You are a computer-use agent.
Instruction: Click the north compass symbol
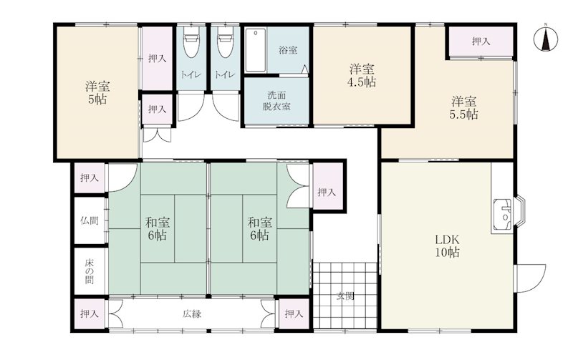[x=546, y=39]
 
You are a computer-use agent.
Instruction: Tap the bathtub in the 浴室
[x=255, y=50]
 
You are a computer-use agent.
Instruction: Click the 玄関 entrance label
[x=345, y=296]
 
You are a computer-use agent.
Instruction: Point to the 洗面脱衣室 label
[x=276, y=101]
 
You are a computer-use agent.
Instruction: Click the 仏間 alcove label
[x=90, y=220]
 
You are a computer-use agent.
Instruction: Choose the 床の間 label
[x=90, y=271]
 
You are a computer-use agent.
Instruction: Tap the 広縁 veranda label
[x=192, y=313]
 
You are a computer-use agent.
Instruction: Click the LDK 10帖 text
[x=447, y=245]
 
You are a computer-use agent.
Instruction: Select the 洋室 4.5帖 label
[x=362, y=76]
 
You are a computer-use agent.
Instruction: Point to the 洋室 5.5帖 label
[x=463, y=107]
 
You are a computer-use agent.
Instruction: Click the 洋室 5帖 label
[x=97, y=93]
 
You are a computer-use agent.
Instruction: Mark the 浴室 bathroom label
[x=288, y=50]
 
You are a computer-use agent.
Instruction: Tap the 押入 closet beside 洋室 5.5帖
[x=481, y=42]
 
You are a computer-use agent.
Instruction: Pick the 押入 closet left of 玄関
[x=294, y=313]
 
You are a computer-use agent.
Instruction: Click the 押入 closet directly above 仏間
[x=90, y=177]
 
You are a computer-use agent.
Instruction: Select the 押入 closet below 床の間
[x=90, y=313]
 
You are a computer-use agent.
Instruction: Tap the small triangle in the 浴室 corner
[x=305, y=69]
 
